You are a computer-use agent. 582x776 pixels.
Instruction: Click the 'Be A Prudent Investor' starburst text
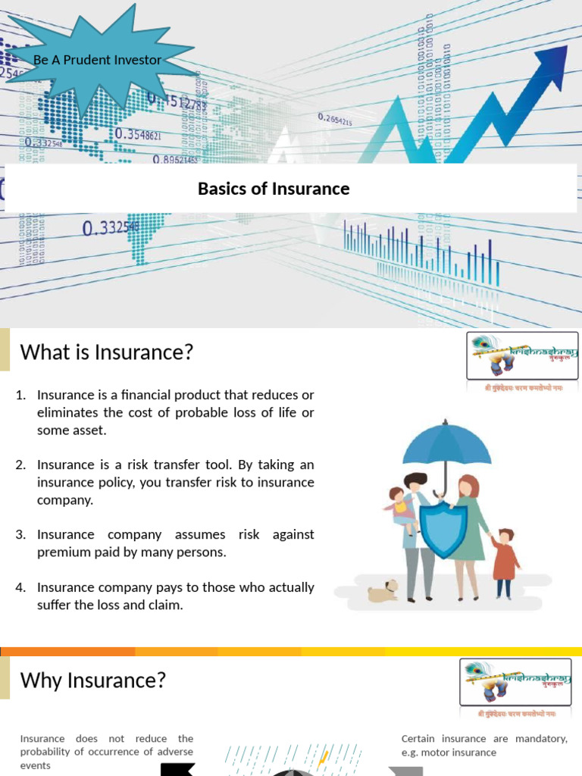[x=97, y=59]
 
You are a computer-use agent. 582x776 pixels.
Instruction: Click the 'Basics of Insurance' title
[x=274, y=189]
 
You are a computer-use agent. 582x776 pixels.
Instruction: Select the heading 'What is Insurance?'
[x=107, y=352]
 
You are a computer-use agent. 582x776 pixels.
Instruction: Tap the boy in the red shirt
[x=504, y=562]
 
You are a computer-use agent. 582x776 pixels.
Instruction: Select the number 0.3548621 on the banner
[x=138, y=135]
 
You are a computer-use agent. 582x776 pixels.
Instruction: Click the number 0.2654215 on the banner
[x=335, y=119]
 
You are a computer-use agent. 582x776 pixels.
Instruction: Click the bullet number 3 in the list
[x=21, y=535]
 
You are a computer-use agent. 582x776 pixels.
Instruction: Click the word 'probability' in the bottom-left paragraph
[x=52, y=752]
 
